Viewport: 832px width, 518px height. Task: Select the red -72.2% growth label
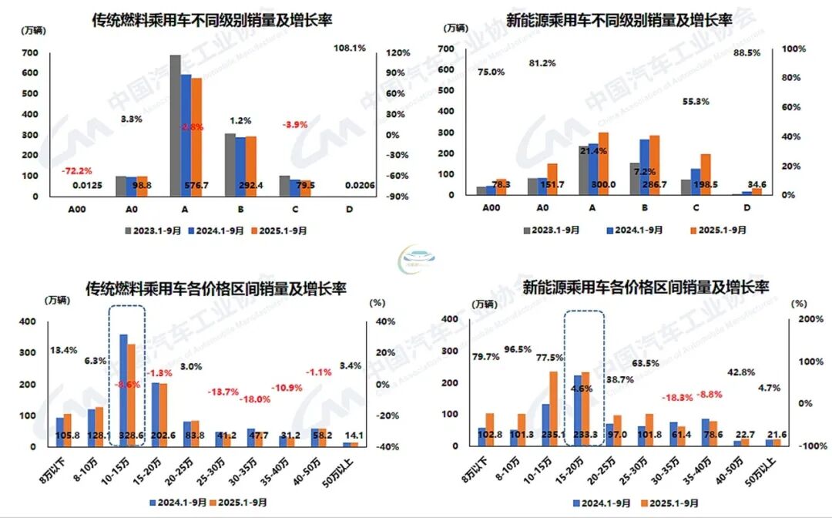tap(77, 170)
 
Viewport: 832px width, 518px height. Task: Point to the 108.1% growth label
tap(348, 48)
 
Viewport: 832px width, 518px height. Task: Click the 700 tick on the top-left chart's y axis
tap(29, 53)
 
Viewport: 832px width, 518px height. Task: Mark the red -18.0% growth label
tap(255, 399)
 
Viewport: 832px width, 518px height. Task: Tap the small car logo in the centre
tap(415, 258)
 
